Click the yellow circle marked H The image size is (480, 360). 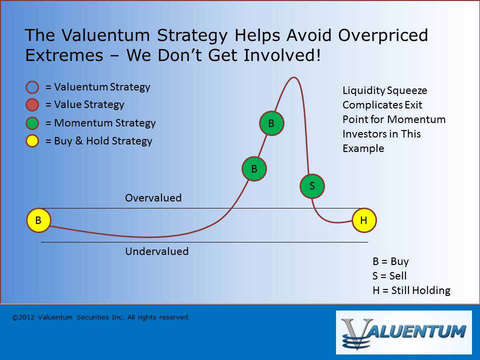tap(364, 220)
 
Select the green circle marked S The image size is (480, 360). tap(312, 186)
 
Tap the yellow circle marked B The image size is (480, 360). tap(38, 220)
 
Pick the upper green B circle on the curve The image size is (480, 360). tap(271, 123)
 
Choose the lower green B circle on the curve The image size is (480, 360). tap(254, 168)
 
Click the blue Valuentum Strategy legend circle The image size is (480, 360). tap(32, 87)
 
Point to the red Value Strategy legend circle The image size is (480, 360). tap(32, 104)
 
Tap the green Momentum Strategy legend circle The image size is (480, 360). tap(32, 123)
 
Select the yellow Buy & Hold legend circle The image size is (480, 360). tap(32, 141)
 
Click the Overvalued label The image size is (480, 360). tap(153, 198)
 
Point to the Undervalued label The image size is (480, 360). tap(156, 251)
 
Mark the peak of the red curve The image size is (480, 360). tap(294, 77)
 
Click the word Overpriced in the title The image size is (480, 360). tap(383, 35)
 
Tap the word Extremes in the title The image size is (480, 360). tap(64, 55)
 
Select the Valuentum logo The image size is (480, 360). tap(404, 332)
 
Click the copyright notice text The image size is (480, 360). tap(101, 317)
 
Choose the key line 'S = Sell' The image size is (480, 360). tap(389, 276)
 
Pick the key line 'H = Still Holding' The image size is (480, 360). tap(411, 290)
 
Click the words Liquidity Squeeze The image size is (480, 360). tap(385, 90)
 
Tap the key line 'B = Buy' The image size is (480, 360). tap(390, 261)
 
